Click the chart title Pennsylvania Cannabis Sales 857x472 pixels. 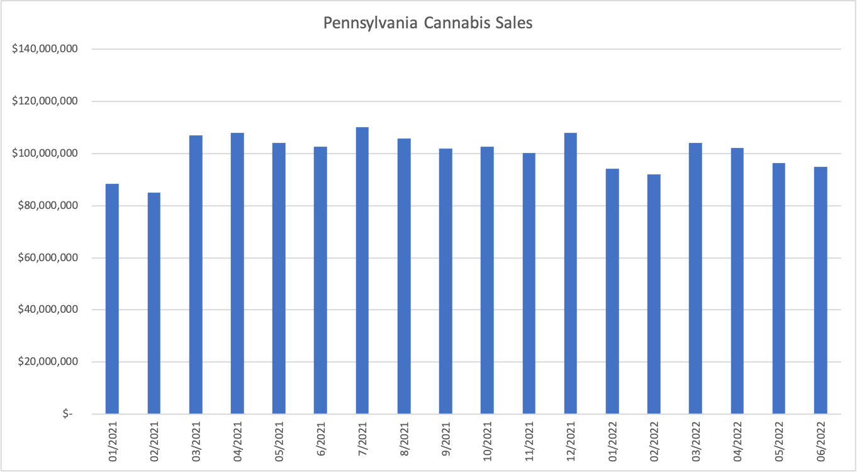pos(428,23)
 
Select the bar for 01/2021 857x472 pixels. pos(112,299)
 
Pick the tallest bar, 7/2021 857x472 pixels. pos(362,271)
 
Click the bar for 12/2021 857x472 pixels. pos(570,273)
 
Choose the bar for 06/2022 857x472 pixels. pos(820,290)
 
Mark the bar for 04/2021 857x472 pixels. pos(237,273)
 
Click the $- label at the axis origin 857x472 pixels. pos(67,414)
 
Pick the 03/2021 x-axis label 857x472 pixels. pos(196,441)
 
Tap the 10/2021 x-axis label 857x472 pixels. pos(487,441)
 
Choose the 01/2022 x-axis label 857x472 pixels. pos(612,441)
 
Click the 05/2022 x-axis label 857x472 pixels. pos(779,441)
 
